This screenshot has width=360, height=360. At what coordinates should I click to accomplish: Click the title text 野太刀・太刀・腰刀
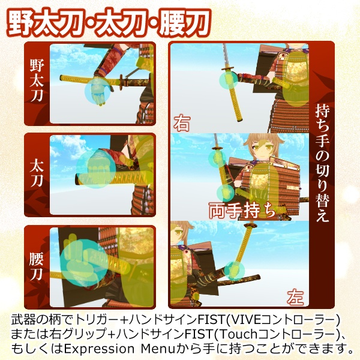[x=108, y=22]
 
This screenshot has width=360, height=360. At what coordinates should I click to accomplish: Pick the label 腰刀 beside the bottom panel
[x=37, y=267]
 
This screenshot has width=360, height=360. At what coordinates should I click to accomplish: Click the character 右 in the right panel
[x=182, y=124]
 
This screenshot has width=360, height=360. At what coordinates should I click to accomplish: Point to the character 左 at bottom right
[x=295, y=296]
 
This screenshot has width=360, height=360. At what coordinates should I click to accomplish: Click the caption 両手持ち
[x=242, y=211]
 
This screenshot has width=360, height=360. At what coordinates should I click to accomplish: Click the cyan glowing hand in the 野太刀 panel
[x=97, y=92]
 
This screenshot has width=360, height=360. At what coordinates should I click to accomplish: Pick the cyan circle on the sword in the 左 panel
[x=239, y=269]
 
